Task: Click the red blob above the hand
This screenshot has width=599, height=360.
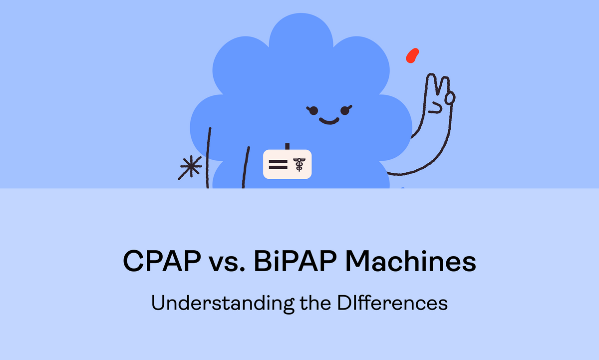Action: (x=412, y=55)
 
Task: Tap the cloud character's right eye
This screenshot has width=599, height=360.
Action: (x=345, y=109)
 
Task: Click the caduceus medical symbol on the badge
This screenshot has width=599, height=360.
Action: (x=299, y=164)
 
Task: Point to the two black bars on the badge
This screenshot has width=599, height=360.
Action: (x=278, y=164)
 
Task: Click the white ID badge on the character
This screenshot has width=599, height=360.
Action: (x=288, y=164)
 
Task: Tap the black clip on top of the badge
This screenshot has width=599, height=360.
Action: (x=287, y=146)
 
